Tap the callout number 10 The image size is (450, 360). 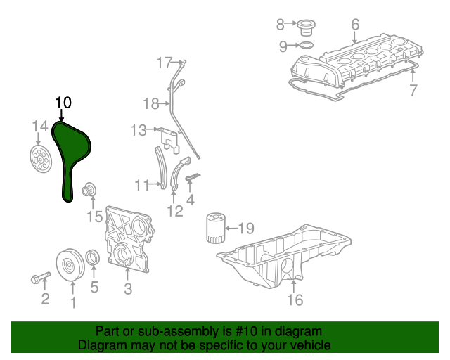(63, 103)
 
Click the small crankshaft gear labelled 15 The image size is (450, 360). (89, 189)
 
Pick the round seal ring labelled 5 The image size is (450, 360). (93, 258)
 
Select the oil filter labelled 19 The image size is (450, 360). (215, 229)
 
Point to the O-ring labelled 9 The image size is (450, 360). (307, 47)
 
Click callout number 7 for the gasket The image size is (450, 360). (413, 90)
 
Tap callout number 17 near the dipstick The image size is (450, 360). (164, 63)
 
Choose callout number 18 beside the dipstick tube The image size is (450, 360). (151, 104)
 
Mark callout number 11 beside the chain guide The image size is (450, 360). (143, 185)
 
